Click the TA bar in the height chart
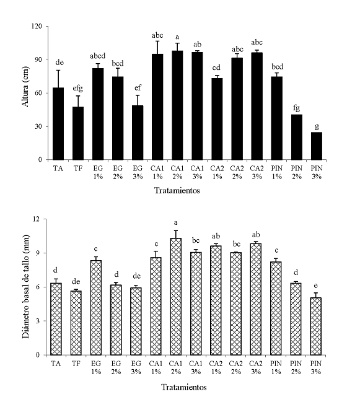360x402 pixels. [58, 124]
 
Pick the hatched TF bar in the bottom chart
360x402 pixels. [76, 323]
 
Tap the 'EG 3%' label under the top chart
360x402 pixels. [136, 172]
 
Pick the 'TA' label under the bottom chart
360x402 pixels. [57, 364]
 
